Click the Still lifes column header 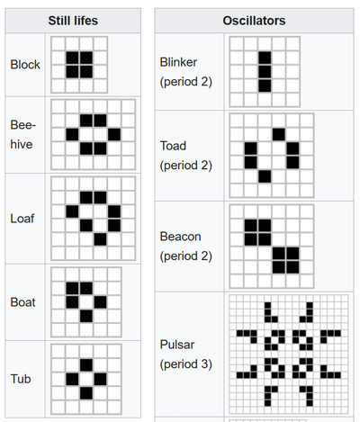click(x=73, y=21)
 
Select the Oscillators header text click(x=254, y=21)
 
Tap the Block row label click(x=25, y=65)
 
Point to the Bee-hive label click(x=23, y=134)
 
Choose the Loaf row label click(x=22, y=219)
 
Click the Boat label click(x=22, y=302)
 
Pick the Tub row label click(x=21, y=379)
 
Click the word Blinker click(x=178, y=62)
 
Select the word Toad click(x=173, y=146)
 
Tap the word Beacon click(x=180, y=237)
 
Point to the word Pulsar click(x=177, y=345)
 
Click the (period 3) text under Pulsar click(x=186, y=364)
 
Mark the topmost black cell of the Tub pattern click(x=86, y=365)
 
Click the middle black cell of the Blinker click(x=265, y=72)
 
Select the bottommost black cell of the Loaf click(x=100, y=239)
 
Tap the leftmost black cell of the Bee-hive click(x=72, y=135)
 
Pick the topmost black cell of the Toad click(x=279, y=134)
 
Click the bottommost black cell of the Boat click(x=86, y=316)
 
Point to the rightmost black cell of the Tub click(x=100, y=379)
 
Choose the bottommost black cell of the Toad click(x=265, y=176)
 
